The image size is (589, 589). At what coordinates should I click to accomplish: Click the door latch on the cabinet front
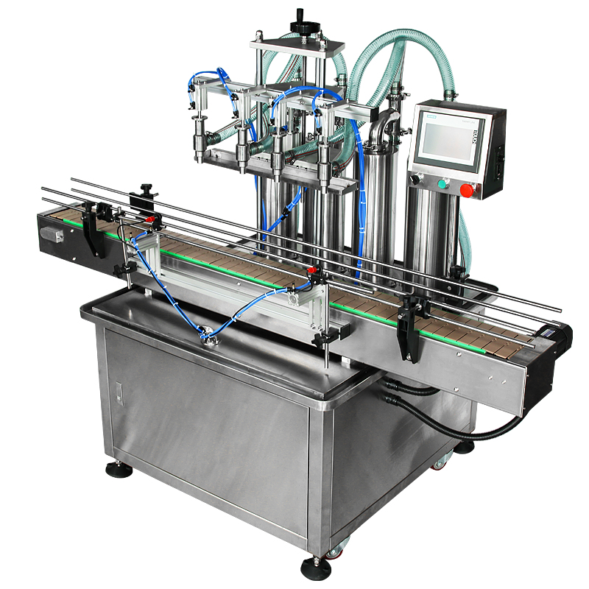click(x=112, y=389)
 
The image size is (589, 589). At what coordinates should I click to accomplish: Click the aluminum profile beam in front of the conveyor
click(x=228, y=287)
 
